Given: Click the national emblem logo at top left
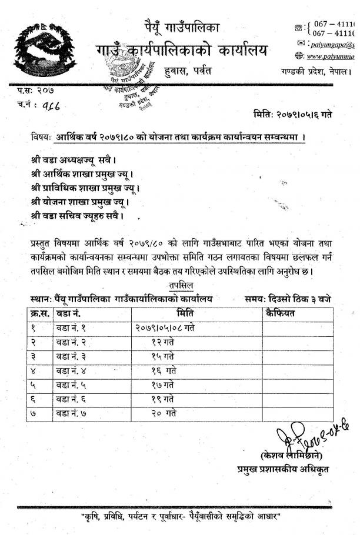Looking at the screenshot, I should coord(36,49).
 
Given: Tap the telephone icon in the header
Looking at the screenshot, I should coord(299,28).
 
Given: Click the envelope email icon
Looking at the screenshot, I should coord(301,44).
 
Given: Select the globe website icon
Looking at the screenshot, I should coord(300,56).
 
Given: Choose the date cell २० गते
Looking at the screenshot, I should coord(164,414).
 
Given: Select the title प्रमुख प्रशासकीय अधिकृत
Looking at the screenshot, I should coord(284,469).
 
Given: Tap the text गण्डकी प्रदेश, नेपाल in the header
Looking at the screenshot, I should coord(315,71).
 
